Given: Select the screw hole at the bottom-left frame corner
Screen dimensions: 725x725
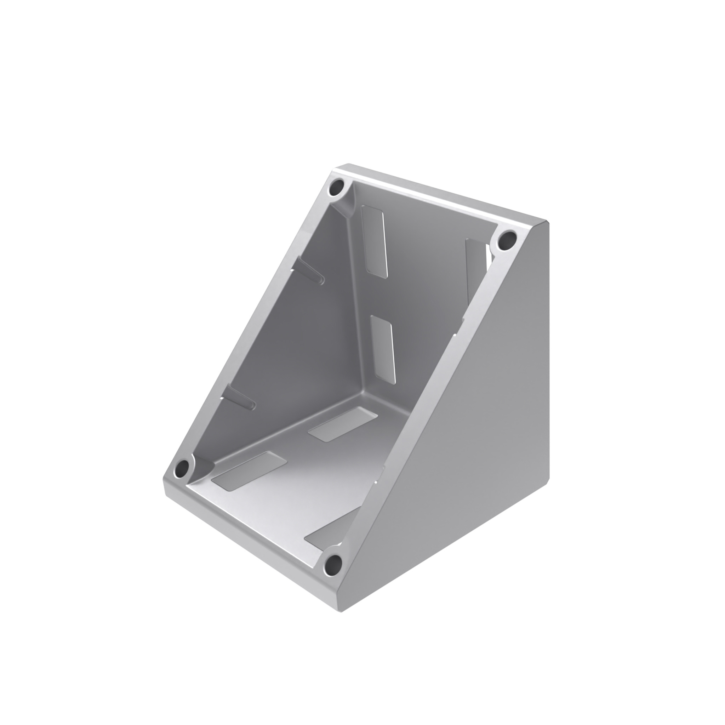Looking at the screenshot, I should tap(183, 468).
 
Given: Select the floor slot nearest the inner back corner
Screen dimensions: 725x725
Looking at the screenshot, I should tap(343, 424).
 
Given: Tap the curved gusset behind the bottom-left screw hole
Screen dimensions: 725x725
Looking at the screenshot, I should tap(205, 467).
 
